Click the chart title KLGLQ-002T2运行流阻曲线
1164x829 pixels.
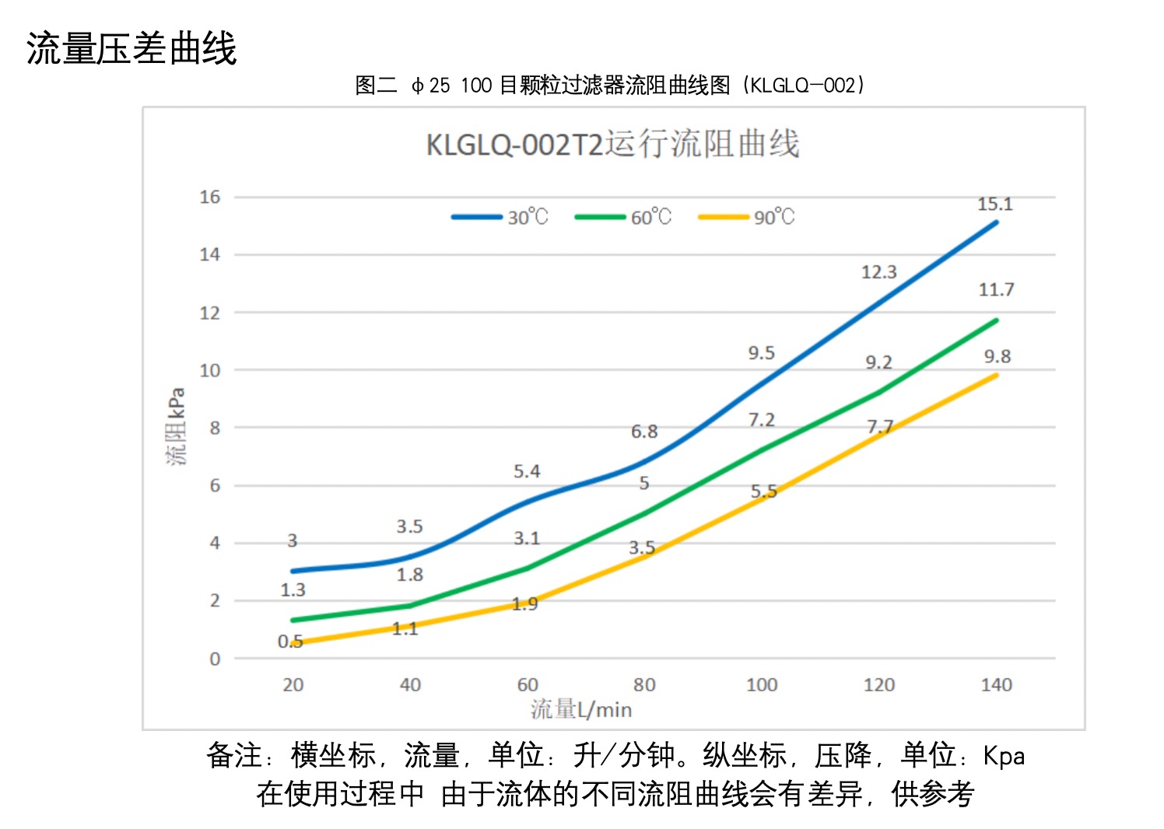tap(612, 145)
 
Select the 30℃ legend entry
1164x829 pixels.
tap(500, 217)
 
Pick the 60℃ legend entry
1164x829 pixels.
tap(623, 217)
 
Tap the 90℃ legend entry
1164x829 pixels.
tap(747, 217)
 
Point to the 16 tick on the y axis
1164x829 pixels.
tap(209, 197)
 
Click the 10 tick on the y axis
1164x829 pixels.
tap(209, 370)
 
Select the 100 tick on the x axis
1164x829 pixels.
tap(761, 684)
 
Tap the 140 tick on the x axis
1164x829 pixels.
tap(996, 684)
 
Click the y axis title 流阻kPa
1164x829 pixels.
tap(177, 426)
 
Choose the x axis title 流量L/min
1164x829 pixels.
tap(580, 709)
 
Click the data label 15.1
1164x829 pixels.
tap(994, 205)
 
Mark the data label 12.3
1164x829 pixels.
tap(878, 272)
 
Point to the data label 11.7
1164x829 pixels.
tap(996, 290)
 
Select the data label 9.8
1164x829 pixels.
tap(997, 356)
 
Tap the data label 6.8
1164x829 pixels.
tap(644, 432)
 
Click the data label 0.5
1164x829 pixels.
tap(290, 642)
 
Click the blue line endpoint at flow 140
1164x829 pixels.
tap(996, 222)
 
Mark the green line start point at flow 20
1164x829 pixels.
tap(293, 620)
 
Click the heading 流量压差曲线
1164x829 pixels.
tap(131, 48)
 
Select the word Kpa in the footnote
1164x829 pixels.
tap(1004, 756)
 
